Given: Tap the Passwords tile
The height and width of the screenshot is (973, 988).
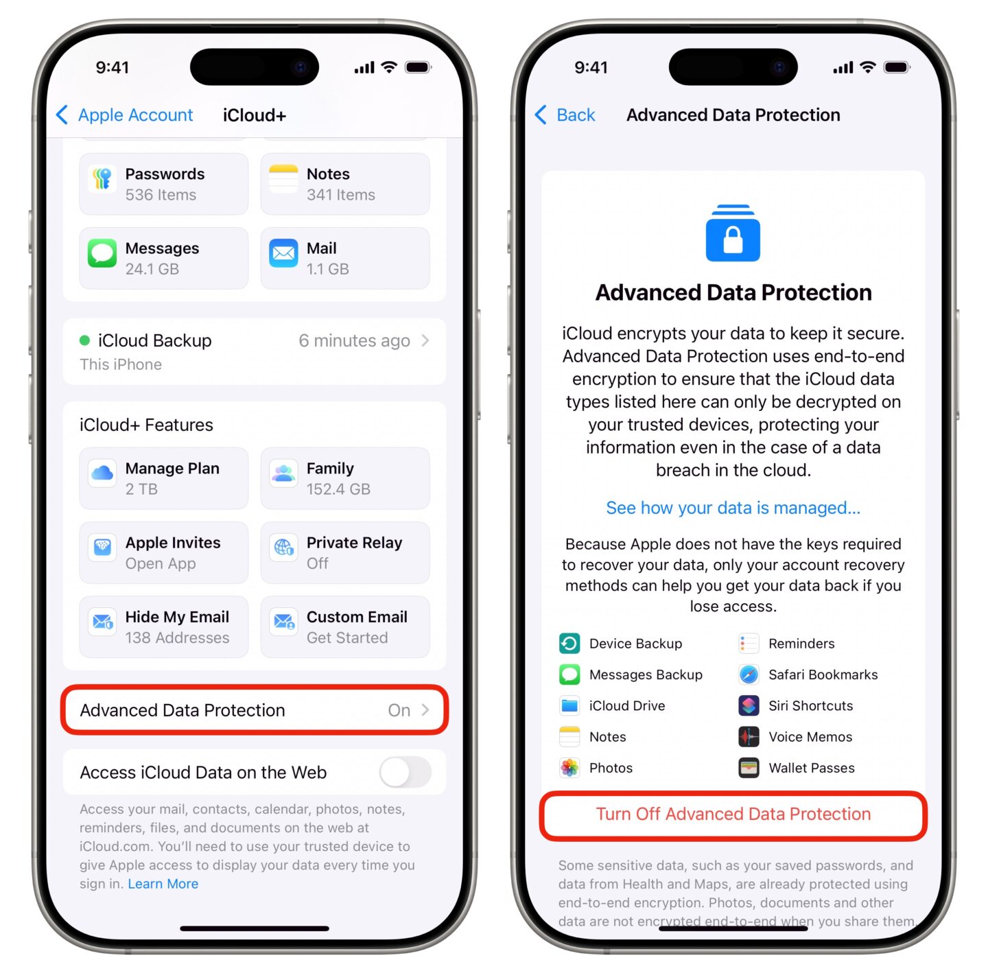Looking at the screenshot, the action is [163, 184].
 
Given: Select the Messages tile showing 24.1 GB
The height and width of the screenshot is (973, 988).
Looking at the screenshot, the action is [163, 258].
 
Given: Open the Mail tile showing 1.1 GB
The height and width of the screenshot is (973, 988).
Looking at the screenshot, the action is [345, 258].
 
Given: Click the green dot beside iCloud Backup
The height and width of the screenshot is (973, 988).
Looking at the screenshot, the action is [84, 340].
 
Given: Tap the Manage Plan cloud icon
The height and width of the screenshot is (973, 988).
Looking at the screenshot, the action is [102, 473].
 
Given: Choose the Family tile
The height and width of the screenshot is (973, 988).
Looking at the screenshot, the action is [345, 478].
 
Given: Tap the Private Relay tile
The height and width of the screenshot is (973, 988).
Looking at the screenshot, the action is [345, 552].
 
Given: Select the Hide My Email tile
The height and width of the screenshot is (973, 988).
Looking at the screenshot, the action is [163, 626].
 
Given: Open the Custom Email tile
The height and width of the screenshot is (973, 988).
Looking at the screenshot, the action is [345, 626].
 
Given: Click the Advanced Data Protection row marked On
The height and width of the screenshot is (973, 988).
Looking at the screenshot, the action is [255, 710].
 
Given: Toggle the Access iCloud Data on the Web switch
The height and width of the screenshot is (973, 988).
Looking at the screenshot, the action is [405, 772].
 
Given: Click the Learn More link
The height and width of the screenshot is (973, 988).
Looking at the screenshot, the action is [163, 884].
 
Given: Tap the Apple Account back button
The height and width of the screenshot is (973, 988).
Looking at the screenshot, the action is [125, 115].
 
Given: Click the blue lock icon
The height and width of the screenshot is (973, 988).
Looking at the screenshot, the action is [733, 233].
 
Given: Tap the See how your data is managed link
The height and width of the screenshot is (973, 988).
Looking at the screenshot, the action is [733, 508].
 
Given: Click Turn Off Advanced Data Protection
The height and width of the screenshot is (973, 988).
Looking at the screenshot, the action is [733, 814].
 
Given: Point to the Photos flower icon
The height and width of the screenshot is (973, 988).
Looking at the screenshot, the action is [569, 768].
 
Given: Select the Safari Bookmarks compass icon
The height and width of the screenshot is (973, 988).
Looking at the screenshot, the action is [749, 675].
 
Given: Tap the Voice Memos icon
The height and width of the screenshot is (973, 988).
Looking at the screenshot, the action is [749, 736].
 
